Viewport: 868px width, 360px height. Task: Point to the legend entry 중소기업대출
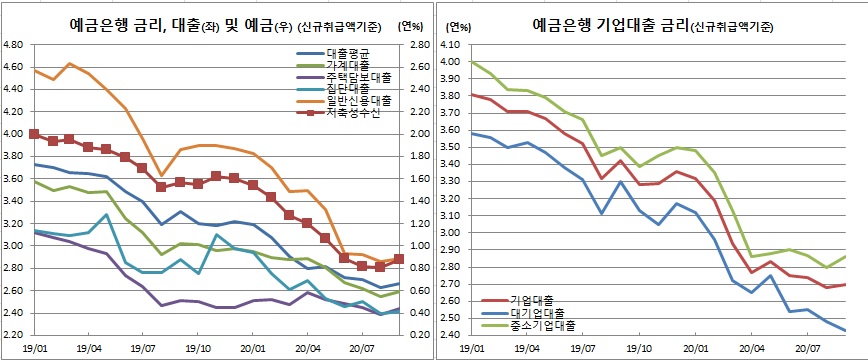point(542,325)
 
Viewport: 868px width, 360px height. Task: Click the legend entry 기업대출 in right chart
point(532,299)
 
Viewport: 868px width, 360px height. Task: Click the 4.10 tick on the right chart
point(454,45)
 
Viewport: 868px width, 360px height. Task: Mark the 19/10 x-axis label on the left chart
point(198,348)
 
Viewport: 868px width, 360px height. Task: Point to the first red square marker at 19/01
point(34,134)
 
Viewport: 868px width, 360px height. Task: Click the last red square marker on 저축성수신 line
point(399,259)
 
